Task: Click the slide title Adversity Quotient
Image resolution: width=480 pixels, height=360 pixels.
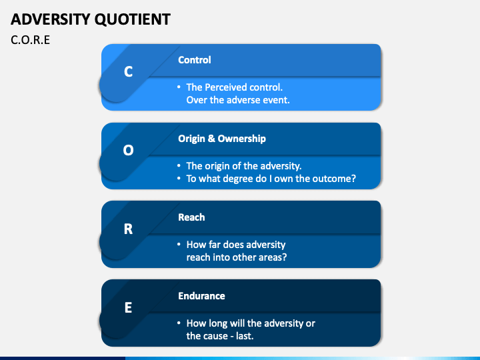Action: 91,18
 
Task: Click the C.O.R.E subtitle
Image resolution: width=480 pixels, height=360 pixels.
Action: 31,40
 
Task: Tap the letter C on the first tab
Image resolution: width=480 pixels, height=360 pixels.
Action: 129,72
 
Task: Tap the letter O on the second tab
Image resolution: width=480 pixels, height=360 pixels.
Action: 129,151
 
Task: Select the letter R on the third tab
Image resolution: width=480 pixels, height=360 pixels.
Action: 129,229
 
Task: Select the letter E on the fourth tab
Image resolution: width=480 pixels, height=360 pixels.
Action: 129,307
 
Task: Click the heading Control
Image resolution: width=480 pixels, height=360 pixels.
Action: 195,60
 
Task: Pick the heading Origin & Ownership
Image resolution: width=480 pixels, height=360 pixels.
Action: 222,139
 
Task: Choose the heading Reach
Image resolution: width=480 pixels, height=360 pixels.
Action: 191,217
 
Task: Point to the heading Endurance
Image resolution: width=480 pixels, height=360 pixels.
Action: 201,296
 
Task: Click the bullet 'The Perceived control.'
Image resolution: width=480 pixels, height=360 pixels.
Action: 234,87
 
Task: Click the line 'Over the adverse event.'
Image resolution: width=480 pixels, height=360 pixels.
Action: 238,100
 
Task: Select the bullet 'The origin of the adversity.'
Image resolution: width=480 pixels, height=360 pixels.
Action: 244,166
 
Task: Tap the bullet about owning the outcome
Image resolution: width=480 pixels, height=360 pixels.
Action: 271,179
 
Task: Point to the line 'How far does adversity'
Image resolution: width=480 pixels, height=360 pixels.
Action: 236,245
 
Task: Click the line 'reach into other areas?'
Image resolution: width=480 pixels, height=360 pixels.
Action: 237,257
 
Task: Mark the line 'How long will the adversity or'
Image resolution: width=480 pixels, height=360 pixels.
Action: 251,323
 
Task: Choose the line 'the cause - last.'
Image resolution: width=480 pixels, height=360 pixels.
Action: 220,336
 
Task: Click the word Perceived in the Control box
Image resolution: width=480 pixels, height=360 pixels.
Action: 225,87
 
